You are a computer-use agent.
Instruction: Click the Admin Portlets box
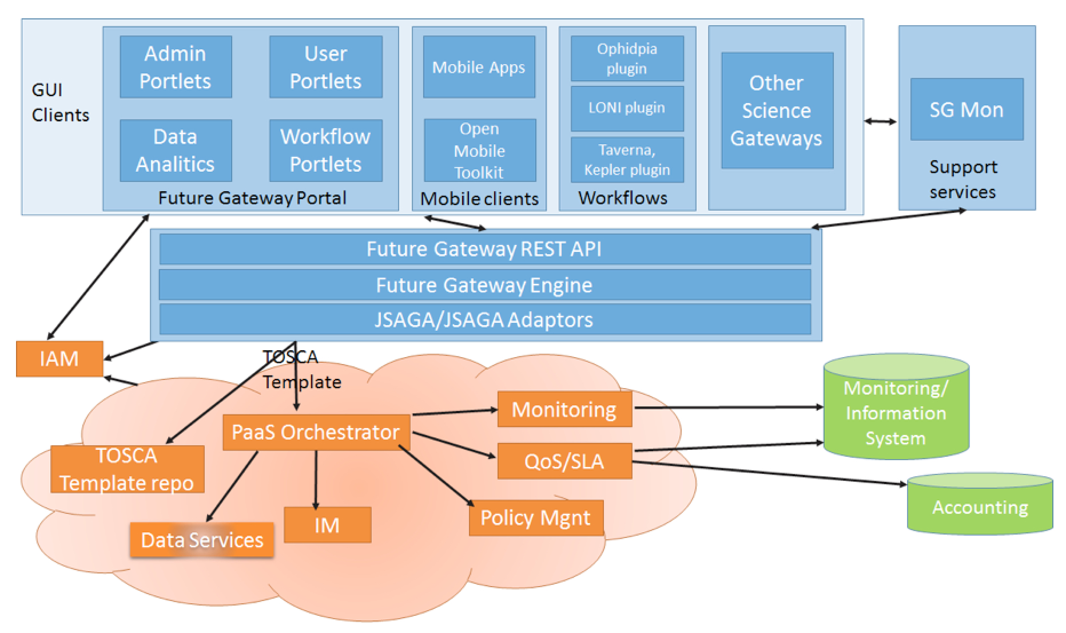tap(176, 67)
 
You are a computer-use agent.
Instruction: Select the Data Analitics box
tap(176, 151)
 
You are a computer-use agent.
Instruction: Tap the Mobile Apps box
tap(479, 67)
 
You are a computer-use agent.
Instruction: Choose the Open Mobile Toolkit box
tap(480, 151)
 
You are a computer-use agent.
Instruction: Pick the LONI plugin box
tap(627, 108)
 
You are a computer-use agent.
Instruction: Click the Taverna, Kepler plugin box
tap(627, 160)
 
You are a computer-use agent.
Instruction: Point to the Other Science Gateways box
tap(777, 110)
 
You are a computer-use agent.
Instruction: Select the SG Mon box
tap(966, 109)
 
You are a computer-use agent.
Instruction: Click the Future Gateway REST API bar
tap(484, 249)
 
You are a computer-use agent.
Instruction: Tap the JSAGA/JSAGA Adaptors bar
tap(484, 319)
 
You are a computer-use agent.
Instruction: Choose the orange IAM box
tap(59, 359)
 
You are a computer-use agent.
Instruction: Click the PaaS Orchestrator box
tap(316, 432)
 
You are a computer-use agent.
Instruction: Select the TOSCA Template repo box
tap(127, 469)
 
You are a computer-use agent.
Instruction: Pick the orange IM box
tap(327, 525)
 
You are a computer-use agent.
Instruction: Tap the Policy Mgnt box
tap(535, 518)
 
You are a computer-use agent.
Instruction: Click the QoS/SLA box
tap(564, 461)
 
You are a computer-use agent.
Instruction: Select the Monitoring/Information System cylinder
tap(896, 412)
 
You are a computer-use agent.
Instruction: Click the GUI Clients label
tap(60, 102)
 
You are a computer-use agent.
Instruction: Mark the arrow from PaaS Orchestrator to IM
tap(316, 478)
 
